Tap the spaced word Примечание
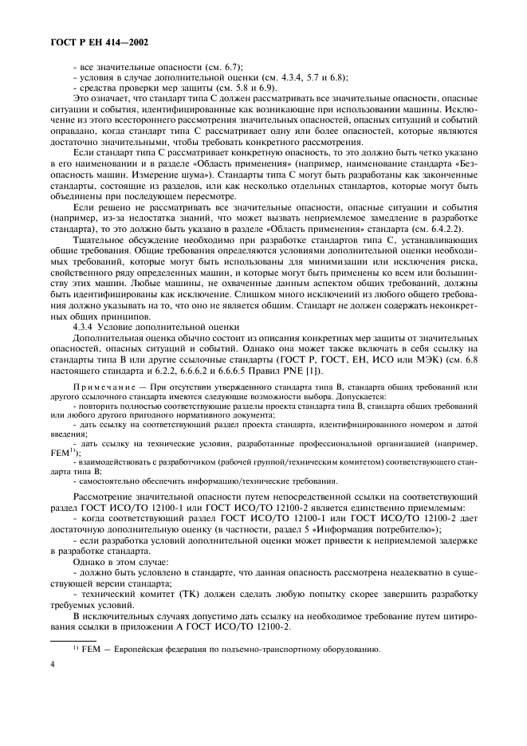(99, 387)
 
